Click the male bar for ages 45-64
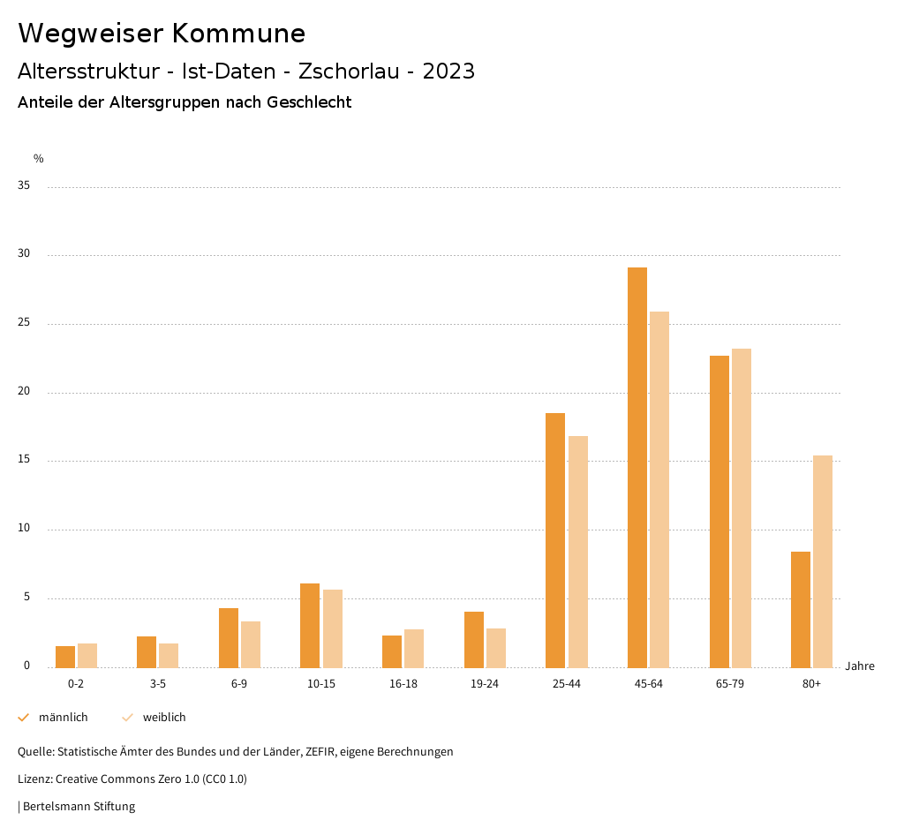[637, 467]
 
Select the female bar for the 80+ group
[823, 561]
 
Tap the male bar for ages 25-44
[555, 540]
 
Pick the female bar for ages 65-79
[741, 508]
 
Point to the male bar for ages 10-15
[310, 625]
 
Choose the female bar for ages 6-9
[251, 644]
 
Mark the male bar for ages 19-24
[474, 639]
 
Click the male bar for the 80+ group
[801, 609]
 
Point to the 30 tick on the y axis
[24, 254]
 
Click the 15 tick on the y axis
[24, 460]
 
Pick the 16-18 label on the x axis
[403, 685]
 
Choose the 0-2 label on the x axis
[76, 685]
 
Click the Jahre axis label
[859, 666]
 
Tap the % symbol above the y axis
[38, 159]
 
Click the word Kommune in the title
[238, 34]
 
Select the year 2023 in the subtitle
[448, 71]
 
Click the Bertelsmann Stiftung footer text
[78, 806]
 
